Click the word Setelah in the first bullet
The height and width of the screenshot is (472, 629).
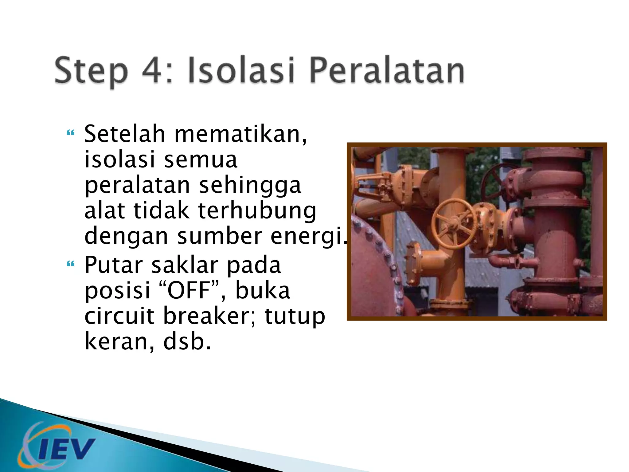125,134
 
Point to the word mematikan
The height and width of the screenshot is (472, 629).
240,135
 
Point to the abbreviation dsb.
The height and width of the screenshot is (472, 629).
187,342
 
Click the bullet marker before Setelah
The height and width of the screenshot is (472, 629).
71,133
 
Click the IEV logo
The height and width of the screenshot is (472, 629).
57,446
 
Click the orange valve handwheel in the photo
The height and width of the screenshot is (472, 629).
454,223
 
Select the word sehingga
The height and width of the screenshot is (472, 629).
250,186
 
